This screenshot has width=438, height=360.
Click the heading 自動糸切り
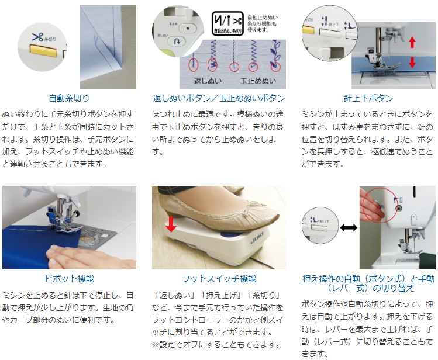[69, 98]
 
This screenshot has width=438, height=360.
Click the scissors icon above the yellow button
[37, 37]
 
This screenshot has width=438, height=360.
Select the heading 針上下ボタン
[368, 98]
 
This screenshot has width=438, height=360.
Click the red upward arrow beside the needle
[412, 43]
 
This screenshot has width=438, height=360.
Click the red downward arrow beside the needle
[412, 62]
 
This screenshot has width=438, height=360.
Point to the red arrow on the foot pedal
[171, 224]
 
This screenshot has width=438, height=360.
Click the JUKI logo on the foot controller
[257, 238]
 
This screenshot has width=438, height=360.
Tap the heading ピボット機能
[69, 279]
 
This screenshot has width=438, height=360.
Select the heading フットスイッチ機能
[219, 279]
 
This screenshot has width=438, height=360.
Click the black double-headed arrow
[349, 228]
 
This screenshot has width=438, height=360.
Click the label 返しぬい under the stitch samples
[208, 81]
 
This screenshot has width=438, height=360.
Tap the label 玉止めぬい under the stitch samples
[258, 81]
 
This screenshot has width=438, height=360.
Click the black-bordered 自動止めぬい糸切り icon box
[227, 23]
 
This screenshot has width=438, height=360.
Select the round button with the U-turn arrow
[177, 41]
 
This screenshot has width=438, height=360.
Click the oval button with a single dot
[188, 28]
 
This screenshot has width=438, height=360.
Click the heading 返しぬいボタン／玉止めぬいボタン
[219, 98]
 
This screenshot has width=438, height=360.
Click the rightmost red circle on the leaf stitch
[275, 67]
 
